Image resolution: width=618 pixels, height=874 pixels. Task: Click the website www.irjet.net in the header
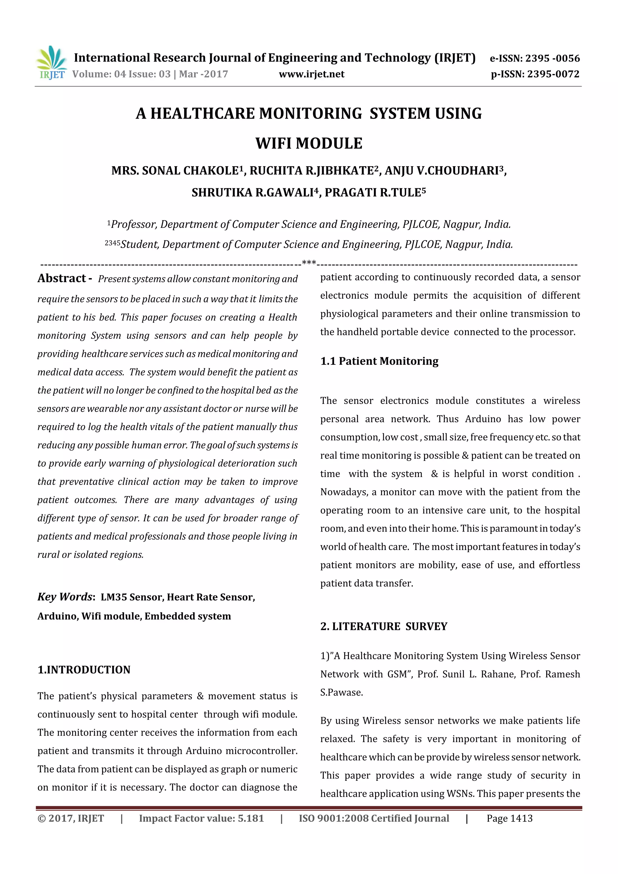coord(311,74)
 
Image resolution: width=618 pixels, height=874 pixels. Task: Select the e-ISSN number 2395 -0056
coord(553,58)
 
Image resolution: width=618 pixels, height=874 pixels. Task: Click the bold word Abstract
coord(62,278)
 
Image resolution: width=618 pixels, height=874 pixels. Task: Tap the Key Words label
coord(65,597)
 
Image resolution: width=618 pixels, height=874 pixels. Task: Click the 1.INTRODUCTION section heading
coord(84,669)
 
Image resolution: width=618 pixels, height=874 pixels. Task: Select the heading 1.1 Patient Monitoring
coord(379,361)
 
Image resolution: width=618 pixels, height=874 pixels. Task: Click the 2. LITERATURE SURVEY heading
coord(384,627)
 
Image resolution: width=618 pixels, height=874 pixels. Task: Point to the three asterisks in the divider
coord(309,262)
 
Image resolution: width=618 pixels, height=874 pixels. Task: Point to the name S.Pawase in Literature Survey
coord(342,692)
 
